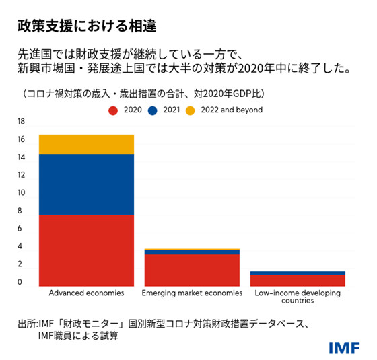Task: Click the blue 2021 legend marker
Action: (x=153, y=110)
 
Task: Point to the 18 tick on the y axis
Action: (x=20, y=122)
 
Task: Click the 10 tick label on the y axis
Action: (x=20, y=193)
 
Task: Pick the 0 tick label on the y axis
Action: (x=20, y=282)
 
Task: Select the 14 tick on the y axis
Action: (x=20, y=157)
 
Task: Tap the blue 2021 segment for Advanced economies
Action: (x=86, y=184)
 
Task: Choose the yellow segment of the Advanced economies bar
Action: (x=86, y=144)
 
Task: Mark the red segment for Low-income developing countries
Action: (x=297, y=280)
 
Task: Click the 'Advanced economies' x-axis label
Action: (x=86, y=294)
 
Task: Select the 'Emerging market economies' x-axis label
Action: (x=192, y=294)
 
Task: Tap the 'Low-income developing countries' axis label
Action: (x=297, y=297)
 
